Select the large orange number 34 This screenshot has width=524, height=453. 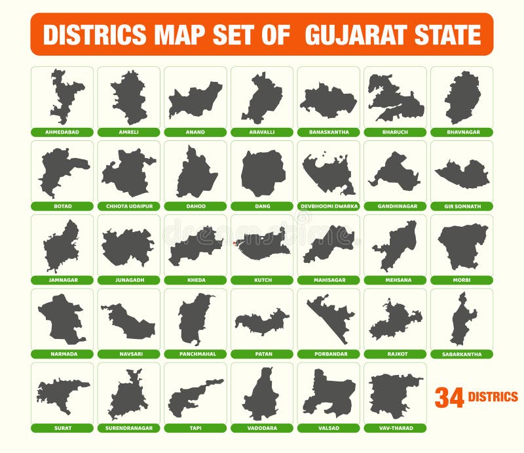(x=449, y=397)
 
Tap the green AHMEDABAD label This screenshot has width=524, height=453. (x=62, y=132)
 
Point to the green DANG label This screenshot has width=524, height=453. (x=262, y=206)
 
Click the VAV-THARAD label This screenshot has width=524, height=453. (x=395, y=428)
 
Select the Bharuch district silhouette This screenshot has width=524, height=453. (x=395, y=98)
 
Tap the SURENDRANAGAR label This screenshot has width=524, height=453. (x=129, y=428)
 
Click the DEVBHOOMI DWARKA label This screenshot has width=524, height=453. (x=329, y=206)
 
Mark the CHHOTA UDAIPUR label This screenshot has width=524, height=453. (x=129, y=206)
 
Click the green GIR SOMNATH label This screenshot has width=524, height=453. (x=462, y=206)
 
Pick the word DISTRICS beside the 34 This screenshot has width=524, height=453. (x=493, y=397)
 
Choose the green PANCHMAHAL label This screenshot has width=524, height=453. (x=195, y=354)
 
